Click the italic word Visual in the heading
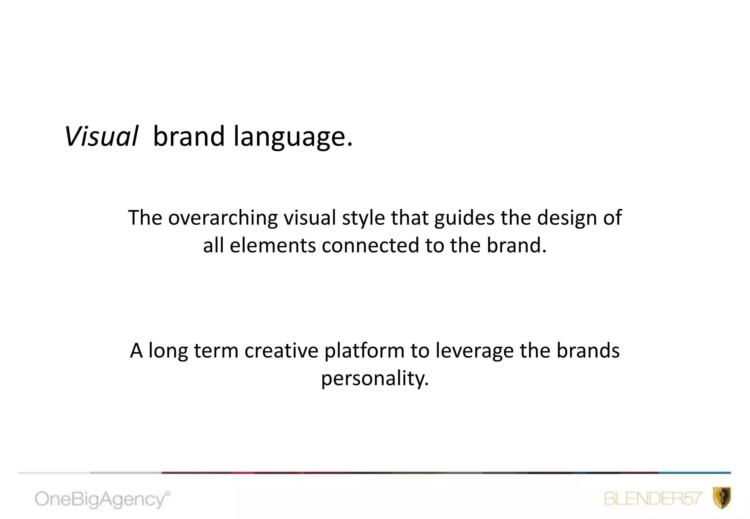[x=101, y=137]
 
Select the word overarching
[x=223, y=218]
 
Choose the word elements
[x=272, y=245]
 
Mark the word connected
[x=370, y=245]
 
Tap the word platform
[x=364, y=351]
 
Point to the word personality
[x=375, y=379]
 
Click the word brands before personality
[x=588, y=351]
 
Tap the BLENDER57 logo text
[x=653, y=499]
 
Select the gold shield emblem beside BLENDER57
[x=722, y=498]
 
